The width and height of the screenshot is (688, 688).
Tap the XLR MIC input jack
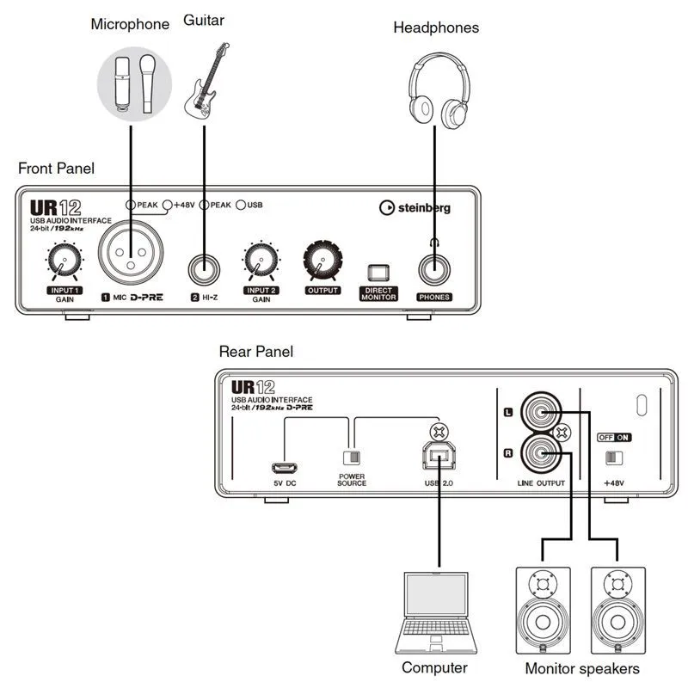tap(131, 255)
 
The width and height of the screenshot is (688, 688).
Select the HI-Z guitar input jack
tap(205, 267)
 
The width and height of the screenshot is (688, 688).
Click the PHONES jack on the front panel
tap(435, 268)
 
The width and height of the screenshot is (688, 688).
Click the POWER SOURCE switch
tap(350, 457)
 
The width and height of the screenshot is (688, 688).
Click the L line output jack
tap(541, 412)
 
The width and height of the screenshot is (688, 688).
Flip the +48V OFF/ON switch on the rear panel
tap(613, 458)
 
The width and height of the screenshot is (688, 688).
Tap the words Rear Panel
tap(255, 352)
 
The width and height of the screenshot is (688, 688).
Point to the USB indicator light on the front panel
tap(242, 205)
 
